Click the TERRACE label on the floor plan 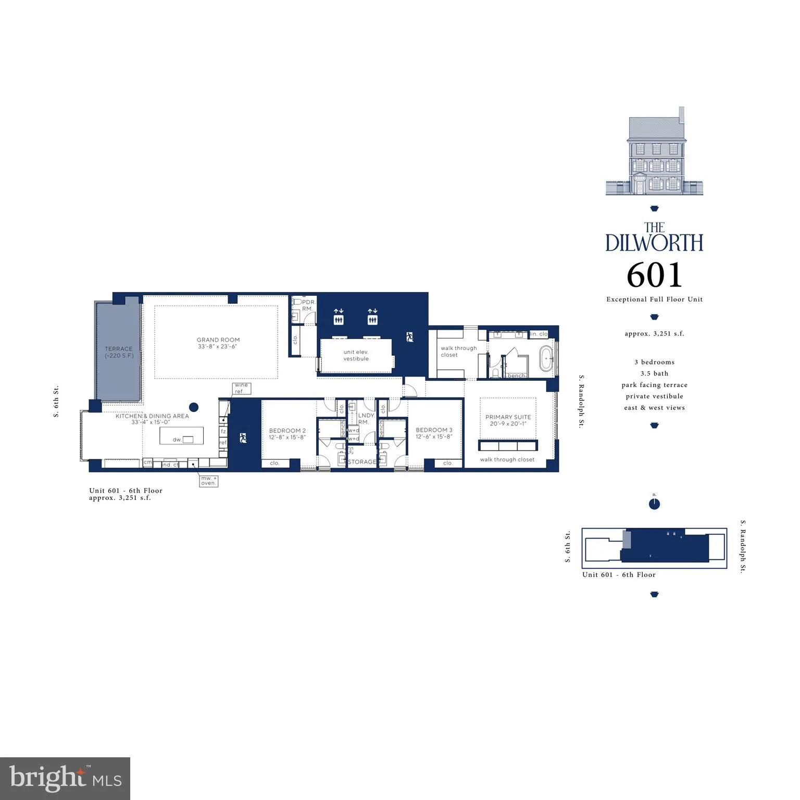pyautogui.click(x=119, y=353)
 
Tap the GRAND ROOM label pyautogui.click(x=218, y=343)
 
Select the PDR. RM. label pyautogui.click(x=308, y=305)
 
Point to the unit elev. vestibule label pyautogui.click(x=356, y=355)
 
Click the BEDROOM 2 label pyautogui.click(x=287, y=434)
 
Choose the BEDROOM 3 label pyautogui.click(x=434, y=433)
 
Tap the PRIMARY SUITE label pyautogui.click(x=508, y=420)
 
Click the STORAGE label pyautogui.click(x=362, y=462)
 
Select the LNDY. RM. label pyautogui.click(x=366, y=419)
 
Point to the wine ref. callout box pyautogui.click(x=241, y=389)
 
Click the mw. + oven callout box pyautogui.click(x=209, y=480)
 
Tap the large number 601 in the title pyautogui.click(x=654, y=275)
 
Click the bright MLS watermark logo pyautogui.click(x=65, y=778)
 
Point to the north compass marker pyautogui.click(x=655, y=504)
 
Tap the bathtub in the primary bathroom pyautogui.click(x=547, y=358)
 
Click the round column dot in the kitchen pyautogui.click(x=194, y=407)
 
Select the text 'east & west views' pyautogui.click(x=655, y=408)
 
